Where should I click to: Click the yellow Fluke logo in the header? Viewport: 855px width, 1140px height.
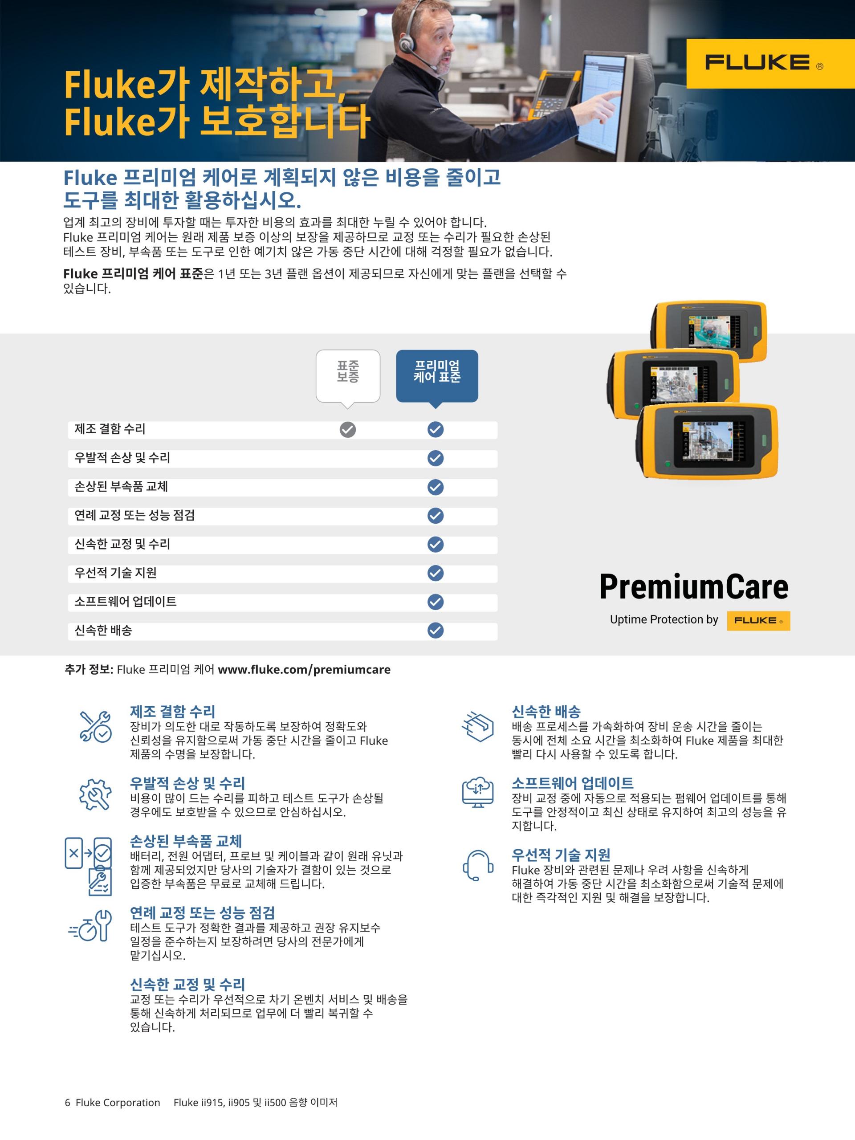(x=770, y=63)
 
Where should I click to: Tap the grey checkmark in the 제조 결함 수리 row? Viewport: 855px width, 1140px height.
(x=348, y=429)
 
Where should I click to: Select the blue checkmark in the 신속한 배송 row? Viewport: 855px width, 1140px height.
(x=436, y=630)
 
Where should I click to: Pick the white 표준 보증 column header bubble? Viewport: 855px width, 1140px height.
(x=348, y=378)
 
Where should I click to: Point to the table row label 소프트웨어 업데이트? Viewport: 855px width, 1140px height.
(x=125, y=602)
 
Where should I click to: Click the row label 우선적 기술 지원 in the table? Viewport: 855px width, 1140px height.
(x=115, y=573)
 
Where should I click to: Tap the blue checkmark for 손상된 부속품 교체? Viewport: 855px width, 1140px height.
(x=436, y=487)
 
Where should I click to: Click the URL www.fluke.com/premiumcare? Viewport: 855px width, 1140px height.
(x=304, y=669)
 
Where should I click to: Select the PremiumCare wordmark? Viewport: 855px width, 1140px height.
(x=694, y=587)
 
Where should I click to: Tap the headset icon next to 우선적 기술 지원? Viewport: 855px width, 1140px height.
(x=478, y=865)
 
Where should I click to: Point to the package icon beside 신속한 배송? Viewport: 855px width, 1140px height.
(x=478, y=726)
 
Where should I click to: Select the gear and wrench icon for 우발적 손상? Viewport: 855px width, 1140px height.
(x=95, y=794)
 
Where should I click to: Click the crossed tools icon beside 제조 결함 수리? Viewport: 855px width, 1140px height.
(x=95, y=726)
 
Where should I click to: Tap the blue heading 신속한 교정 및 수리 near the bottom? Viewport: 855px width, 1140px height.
(x=187, y=984)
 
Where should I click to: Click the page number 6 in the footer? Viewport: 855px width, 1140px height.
(x=68, y=1103)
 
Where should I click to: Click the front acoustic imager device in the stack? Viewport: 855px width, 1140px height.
(x=707, y=442)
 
